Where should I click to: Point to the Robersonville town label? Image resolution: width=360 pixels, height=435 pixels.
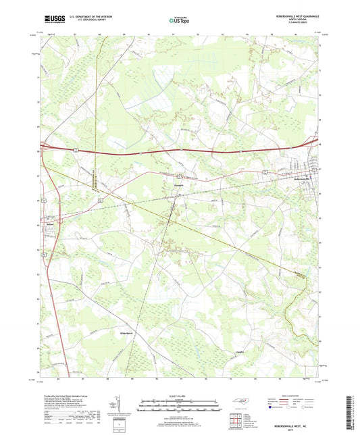pos(307,178)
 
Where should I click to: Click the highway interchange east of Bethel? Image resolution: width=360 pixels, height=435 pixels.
pos(61,220)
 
